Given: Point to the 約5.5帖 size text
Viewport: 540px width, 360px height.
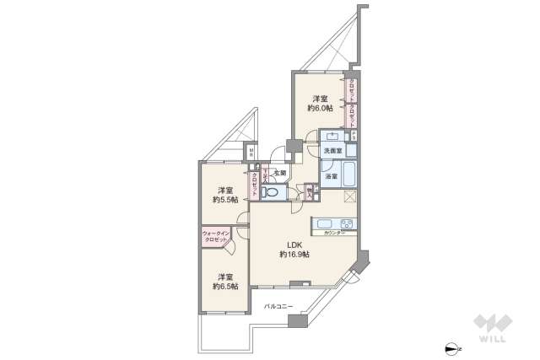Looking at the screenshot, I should [225, 200].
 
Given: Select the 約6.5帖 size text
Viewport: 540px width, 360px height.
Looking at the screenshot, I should [224, 286].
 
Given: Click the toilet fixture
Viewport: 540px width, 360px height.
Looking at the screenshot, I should [273, 193].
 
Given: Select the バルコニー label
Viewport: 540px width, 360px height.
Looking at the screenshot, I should [278, 305].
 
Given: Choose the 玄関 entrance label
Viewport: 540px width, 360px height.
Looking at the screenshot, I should [279, 173].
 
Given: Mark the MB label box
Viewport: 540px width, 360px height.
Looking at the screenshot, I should [250, 153].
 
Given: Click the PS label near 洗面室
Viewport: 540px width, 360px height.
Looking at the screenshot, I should [354, 136].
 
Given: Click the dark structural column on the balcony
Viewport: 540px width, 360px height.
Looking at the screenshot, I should [294, 320].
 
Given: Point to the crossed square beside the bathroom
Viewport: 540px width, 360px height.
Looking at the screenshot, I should [351, 197].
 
